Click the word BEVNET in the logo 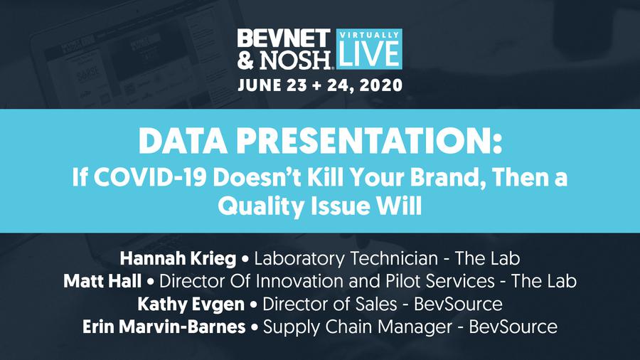click(x=284, y=38)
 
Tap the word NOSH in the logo click(x=295, y=60)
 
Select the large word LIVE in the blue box click(x=369, y=53)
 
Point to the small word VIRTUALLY click(x=369, y=35)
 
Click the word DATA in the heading click(x=183, y=141)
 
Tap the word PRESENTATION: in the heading click(x=369, y=141)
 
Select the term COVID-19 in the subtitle click(x=150, y=178)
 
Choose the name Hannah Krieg click(x=178, y=259)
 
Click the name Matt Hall click(x=102, y=281)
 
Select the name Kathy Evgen click(x=191, y=305)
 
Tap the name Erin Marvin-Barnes click(x=164, y=327)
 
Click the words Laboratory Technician click(x=346, y=259)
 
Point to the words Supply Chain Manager click(x=358, y=327)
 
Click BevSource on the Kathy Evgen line click(x=459, y=305)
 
